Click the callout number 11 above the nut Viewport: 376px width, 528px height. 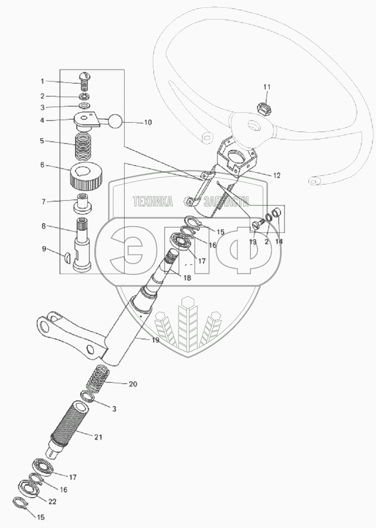(x=267, y=87)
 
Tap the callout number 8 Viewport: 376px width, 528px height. (x=43, y=227)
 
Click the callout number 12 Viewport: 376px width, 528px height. (x=277, y=176)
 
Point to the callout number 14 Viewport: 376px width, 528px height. (x=278, y=241)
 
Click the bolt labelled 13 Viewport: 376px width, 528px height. (x=257, y=225)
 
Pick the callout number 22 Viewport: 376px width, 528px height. (x=53, y=502)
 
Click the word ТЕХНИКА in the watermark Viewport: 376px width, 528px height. (x=152, y=201)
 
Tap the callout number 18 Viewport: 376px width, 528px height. (x=187, y=278)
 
